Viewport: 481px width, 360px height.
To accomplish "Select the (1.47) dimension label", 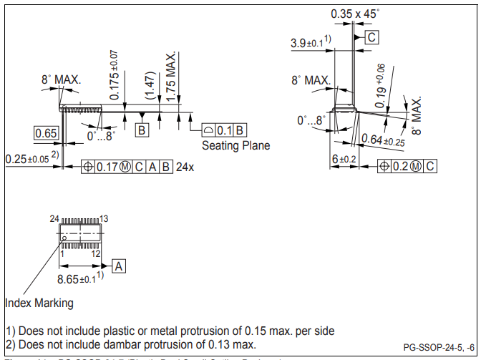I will click(x=150, y=85).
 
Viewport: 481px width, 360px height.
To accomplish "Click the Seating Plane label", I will click(x=235, y=146).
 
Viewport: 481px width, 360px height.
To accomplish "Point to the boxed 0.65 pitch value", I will click(x=46, y=133).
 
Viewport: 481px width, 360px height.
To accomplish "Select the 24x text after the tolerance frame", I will click(x=185, y=166).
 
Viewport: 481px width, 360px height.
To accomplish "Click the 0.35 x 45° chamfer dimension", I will click(x=355, y=14).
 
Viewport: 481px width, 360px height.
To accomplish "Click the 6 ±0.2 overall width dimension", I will click(x=343, y=159).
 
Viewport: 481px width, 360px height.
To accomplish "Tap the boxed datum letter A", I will click(x=119, y=266).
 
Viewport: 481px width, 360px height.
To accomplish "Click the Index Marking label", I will click(x=39, y=303).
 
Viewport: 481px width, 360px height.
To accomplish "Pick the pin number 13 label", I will click(x=103, y=218).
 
